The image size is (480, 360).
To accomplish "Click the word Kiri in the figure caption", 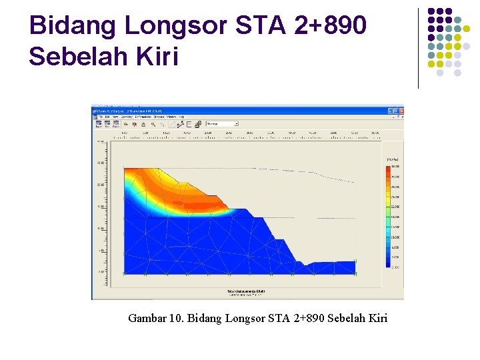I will point(375,318).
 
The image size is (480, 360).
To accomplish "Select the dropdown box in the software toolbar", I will point(221,123).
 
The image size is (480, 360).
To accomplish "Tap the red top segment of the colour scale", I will point(388,169).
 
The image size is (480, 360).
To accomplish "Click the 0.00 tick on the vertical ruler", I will point(101,272).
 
